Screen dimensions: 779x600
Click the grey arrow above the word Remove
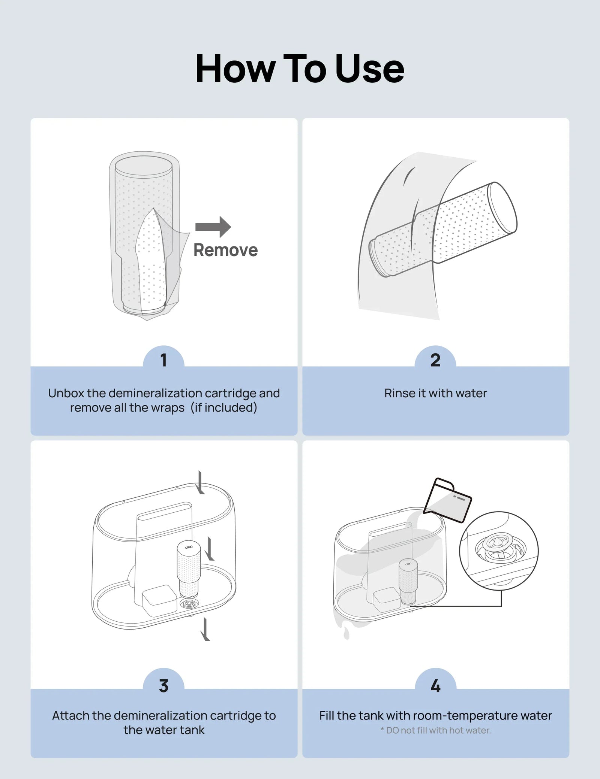click(213, 227)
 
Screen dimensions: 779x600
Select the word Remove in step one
click(225, 250)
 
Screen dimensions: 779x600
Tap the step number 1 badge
click(163, 360)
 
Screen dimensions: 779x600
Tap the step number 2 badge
click(435, 360)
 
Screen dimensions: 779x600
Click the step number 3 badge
click(163, 686)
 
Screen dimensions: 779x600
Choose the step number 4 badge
click(435, 686)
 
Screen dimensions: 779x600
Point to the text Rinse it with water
click(435, 393)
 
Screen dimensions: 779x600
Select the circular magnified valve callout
click(499, 551)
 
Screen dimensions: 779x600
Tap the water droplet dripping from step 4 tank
click(346, 634)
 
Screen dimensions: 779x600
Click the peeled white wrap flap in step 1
click(152, 262)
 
